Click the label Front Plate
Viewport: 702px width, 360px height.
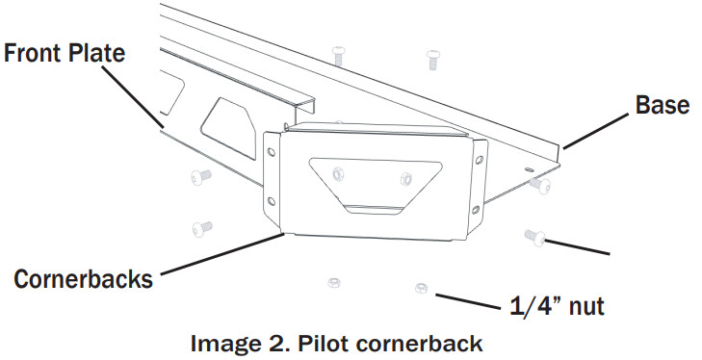pos(65,53)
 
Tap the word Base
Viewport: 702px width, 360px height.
pos(663,105)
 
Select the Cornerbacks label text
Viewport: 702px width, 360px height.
pos(83,278)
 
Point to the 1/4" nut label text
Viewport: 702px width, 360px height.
pos(557,305)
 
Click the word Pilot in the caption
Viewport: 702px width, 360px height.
pos(324,344)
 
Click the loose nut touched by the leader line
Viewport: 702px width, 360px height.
pos(421,288)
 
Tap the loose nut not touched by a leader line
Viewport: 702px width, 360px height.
pos(333,283)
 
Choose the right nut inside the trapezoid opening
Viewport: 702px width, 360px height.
pos(406,178)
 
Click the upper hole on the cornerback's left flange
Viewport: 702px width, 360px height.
pos(272,151)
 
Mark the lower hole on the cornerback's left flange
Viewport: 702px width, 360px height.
pos(272,200)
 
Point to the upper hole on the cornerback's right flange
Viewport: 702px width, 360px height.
pos(480,159)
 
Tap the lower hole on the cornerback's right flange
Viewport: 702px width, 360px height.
pos(476,209)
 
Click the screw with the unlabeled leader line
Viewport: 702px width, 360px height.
pos(535,237)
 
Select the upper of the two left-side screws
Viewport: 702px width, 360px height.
pos(201,177)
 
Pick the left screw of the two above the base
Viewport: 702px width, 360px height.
pos(338,55)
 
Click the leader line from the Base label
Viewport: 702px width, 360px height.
pos(596,131)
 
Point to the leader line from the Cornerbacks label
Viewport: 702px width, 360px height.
pos(222,253)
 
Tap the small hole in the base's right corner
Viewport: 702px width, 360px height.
pos(530,169)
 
